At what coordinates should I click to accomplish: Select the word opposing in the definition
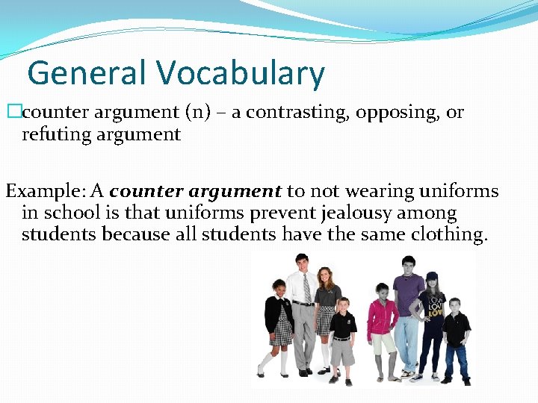click(398, 113)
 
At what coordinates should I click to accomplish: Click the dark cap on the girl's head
click(432, 278)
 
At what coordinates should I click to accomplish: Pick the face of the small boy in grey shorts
click(343, 306)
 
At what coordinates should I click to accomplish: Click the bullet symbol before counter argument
click(11, 113)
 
